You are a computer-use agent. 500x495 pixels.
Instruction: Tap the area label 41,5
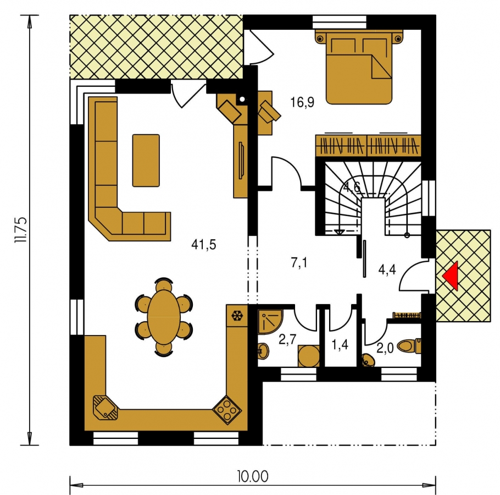pyautogui.click(x=204, y=244)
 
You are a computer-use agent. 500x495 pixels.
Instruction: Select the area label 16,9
pyautogui.click(x=302, y=102)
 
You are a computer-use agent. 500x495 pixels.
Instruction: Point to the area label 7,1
pyautogui.click(x=299, y=263)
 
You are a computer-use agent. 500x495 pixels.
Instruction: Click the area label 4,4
pyautogui.click(x=387, y=269)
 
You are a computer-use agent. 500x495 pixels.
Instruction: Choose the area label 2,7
pyautogui.click(x=287, y=339)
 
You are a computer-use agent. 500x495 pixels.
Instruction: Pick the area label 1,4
pyautogui.click(x=340, y=345)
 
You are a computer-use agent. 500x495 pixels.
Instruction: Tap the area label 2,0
pyautogui.click(x=385, y=349)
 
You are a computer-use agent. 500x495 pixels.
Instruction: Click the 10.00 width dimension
pyautogui.click(x=253, y=476)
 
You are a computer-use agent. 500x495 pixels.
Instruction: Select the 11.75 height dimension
pyautogui.click(x=21, y=230)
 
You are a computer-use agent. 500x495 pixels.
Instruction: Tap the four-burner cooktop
pyautogui.click(x=227, y=410)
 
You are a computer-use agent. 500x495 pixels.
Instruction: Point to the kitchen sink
pyautogui.click(x=105, y=409)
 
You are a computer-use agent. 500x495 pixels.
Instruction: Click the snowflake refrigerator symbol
pyautogui.click(x=237, y=316)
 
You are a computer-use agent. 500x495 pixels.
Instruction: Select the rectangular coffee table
pyautogui.click(x=146, y=160)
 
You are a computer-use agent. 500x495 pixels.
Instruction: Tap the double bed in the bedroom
pyautogui.click(x=359, y=67)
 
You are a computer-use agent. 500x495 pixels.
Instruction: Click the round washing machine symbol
pyautogui.click(x=309, y=356)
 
